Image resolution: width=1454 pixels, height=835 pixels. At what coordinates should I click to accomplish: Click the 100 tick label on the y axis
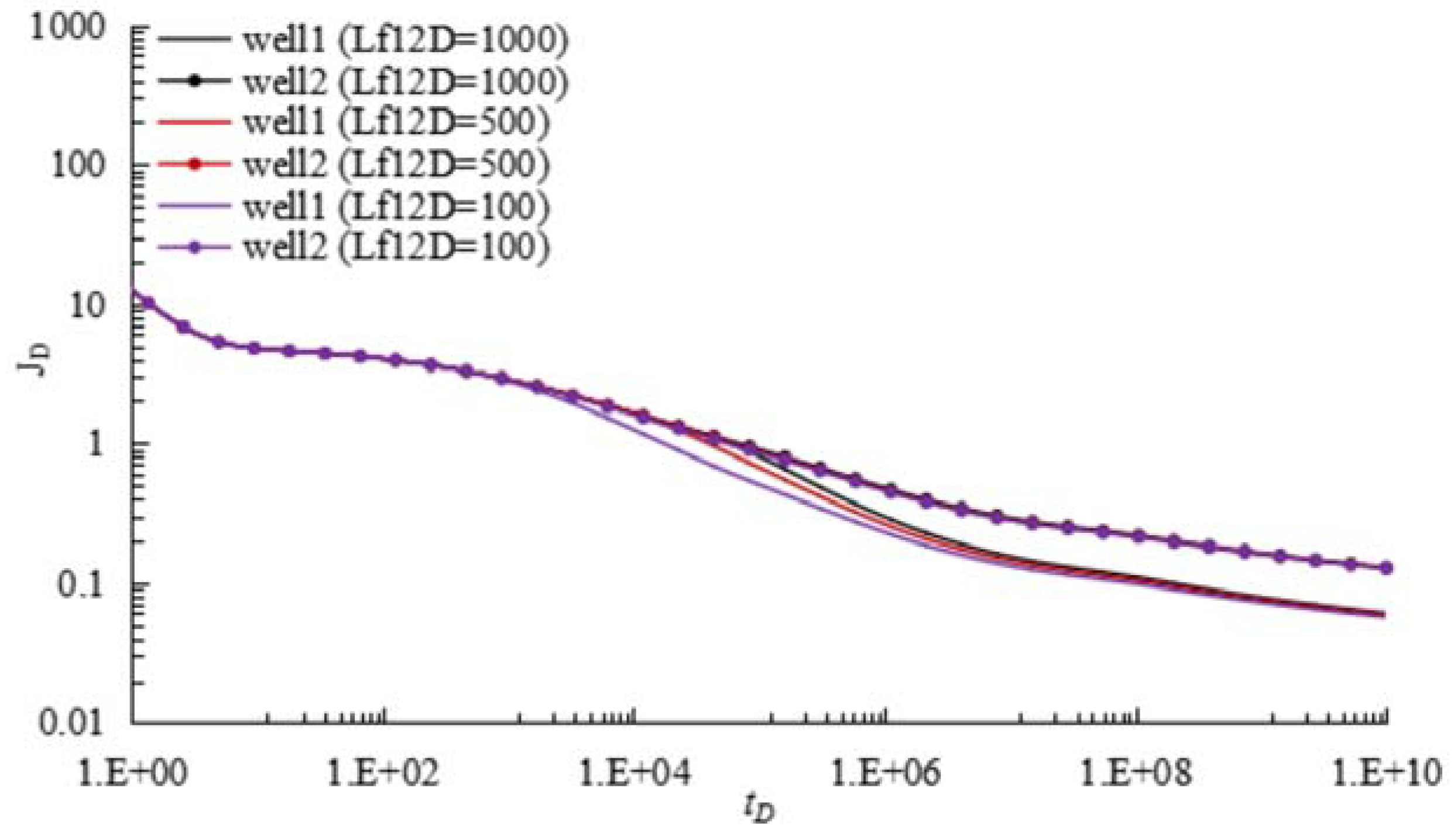[x=78, y=165]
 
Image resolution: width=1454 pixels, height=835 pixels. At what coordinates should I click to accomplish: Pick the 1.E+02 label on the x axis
[x=383, y=773]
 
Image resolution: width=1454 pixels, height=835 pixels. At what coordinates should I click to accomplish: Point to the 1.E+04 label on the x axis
[x=635, y=773]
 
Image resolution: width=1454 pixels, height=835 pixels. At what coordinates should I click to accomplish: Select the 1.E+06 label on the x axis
[x=886, y=773]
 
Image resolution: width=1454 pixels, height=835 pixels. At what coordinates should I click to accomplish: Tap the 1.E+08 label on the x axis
[x=1136, y=773]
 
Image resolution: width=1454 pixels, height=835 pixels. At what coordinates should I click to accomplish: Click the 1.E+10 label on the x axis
[x=1387, y=773]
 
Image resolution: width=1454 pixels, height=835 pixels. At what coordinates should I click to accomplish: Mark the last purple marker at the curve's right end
[x=1386, y=568]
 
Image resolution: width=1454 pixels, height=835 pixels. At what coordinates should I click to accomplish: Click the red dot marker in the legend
[x=195, y=164]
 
